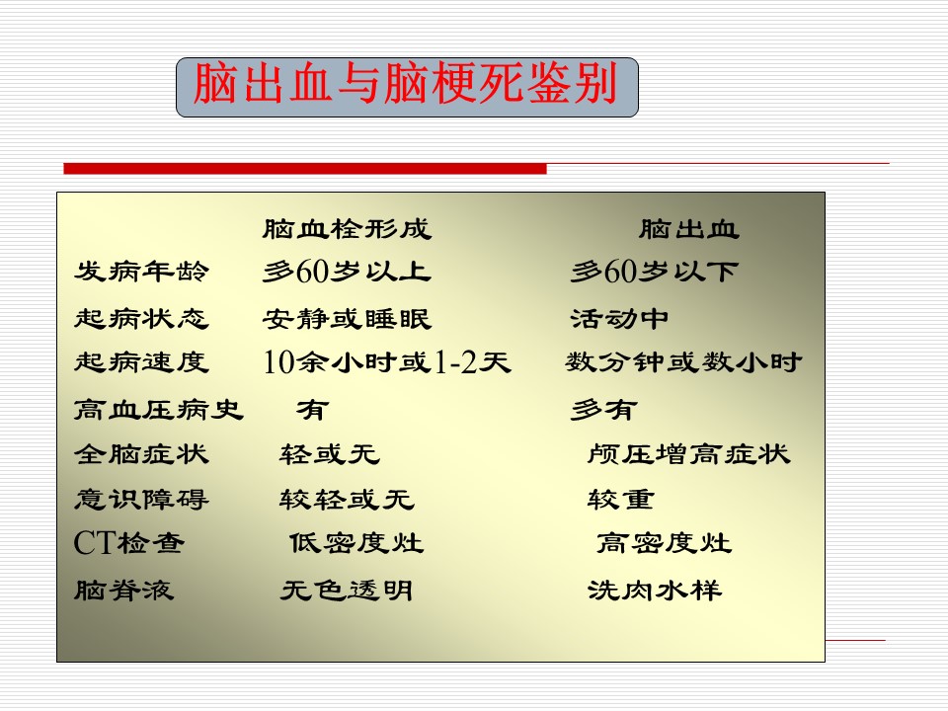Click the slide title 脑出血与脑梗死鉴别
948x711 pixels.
[x=406, y=83]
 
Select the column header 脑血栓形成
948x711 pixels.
[x=347, y=229]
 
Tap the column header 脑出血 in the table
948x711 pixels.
[x=689, y=229]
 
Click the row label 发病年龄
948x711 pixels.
[x=142, y=272]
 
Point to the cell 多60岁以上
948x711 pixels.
[x=347, y=272]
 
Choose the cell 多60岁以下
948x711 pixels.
[x=655, y=272]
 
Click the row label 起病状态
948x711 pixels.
[x=142, y=319]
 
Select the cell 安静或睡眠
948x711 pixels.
[x=347, y=319]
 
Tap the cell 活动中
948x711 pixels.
[x=620, y=319]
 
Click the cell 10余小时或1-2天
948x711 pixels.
[x=387, y=362]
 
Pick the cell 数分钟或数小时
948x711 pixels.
[x=683, y=362]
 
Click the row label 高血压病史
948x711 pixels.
[x=159, y=410]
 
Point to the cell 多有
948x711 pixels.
[x=604, y=410]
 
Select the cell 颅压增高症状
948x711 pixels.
[x=688, y=454]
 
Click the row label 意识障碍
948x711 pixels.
[x=142, y=500]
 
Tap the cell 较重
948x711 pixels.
[x=621, y=500]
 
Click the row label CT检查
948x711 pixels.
[x=128, y=543]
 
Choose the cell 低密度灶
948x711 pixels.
[x=356, y=543]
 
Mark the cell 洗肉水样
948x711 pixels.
[x=655, y=591]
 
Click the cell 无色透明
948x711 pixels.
[x=347, y=591]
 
